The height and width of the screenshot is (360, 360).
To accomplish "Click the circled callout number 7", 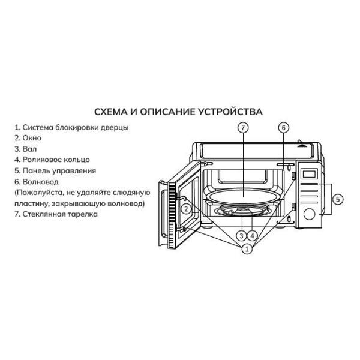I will (x=242, y=128).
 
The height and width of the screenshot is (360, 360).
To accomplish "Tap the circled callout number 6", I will (x=284, y=128).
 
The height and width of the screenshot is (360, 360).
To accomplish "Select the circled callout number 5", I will (x=338, y=199).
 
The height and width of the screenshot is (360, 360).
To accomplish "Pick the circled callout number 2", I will (x=187, y=209).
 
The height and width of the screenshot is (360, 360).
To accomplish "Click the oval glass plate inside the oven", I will (x=242, y=196).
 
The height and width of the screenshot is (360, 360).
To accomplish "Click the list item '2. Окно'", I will (x=28, y=138).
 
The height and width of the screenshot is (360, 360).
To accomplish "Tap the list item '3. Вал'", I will (x=26, y=149).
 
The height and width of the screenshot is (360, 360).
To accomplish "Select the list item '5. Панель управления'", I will (x=55, y=170).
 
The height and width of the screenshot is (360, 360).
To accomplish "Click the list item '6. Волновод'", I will (x=37, y=181).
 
